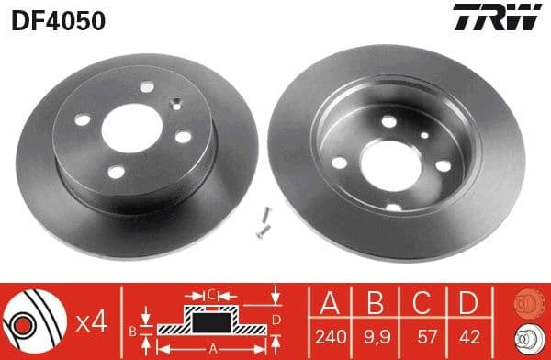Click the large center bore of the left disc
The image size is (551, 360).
coord(128,129)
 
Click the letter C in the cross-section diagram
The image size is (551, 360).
coord(210,295)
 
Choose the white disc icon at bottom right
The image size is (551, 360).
coord(529,337)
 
